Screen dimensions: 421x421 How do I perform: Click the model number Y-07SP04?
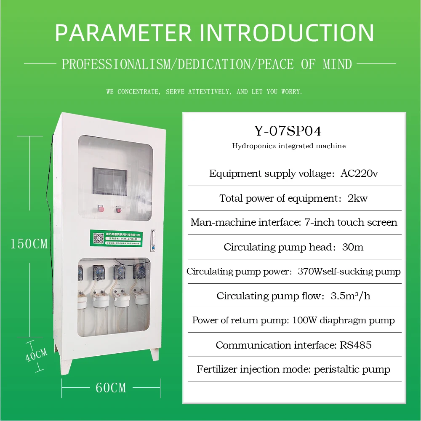tap(288, 131)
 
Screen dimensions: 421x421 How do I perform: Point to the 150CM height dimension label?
tap(29, 244)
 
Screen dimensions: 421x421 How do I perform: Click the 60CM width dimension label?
tap(111, 387)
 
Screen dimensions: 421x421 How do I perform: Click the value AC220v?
tap(359, 173)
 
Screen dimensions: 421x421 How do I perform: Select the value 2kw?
tap(357, 198)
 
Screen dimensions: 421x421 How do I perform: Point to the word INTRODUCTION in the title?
tap(286, 33)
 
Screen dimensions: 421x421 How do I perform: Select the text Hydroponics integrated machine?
tap(289, 146)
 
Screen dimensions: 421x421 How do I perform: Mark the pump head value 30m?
tap(353, 247)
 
